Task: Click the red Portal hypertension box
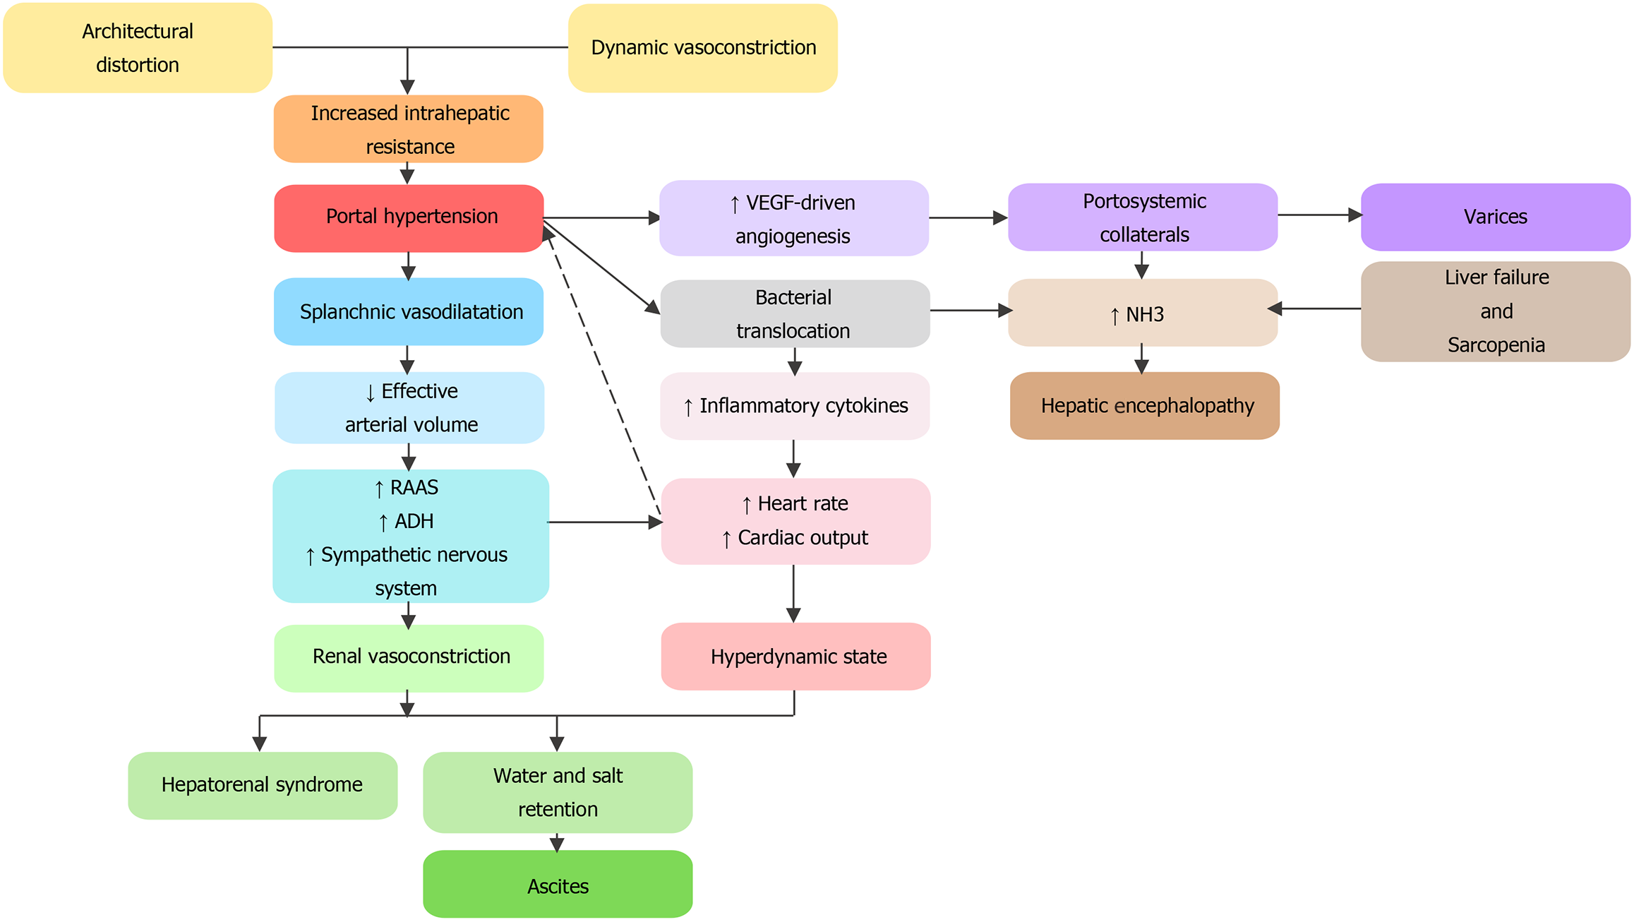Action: (x=409, y=218)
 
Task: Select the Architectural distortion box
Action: (x=138, y=48)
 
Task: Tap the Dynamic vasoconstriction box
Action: (x=703, y=48)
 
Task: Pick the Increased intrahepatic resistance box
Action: (x=409, y=129)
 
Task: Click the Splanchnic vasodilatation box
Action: (x=409, y=311)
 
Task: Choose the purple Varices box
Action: (x=1496, y=217)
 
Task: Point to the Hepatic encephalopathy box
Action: (x=1145, y=406)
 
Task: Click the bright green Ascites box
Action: (x=558, y=884)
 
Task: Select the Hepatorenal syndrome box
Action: (x=263, y=785)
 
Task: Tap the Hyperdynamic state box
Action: (x=796, y=657)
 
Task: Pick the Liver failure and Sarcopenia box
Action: (x=1496, y=311)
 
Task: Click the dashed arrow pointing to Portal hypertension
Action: (x=602, y=371)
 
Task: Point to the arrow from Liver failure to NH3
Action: (x=1314, y=309)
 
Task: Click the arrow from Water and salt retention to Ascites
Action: (x=557, y=842)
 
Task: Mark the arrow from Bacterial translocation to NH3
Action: (x=971, y=310)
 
